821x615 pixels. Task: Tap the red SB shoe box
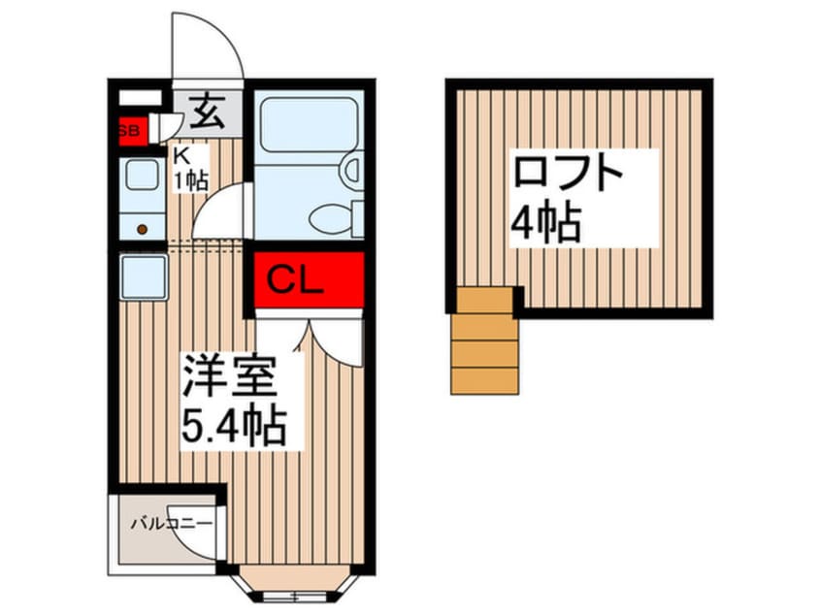[129, 129]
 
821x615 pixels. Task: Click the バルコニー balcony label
[171, 524]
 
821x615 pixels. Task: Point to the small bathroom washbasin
[352, 172]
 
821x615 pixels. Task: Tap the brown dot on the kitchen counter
[142, 229]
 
